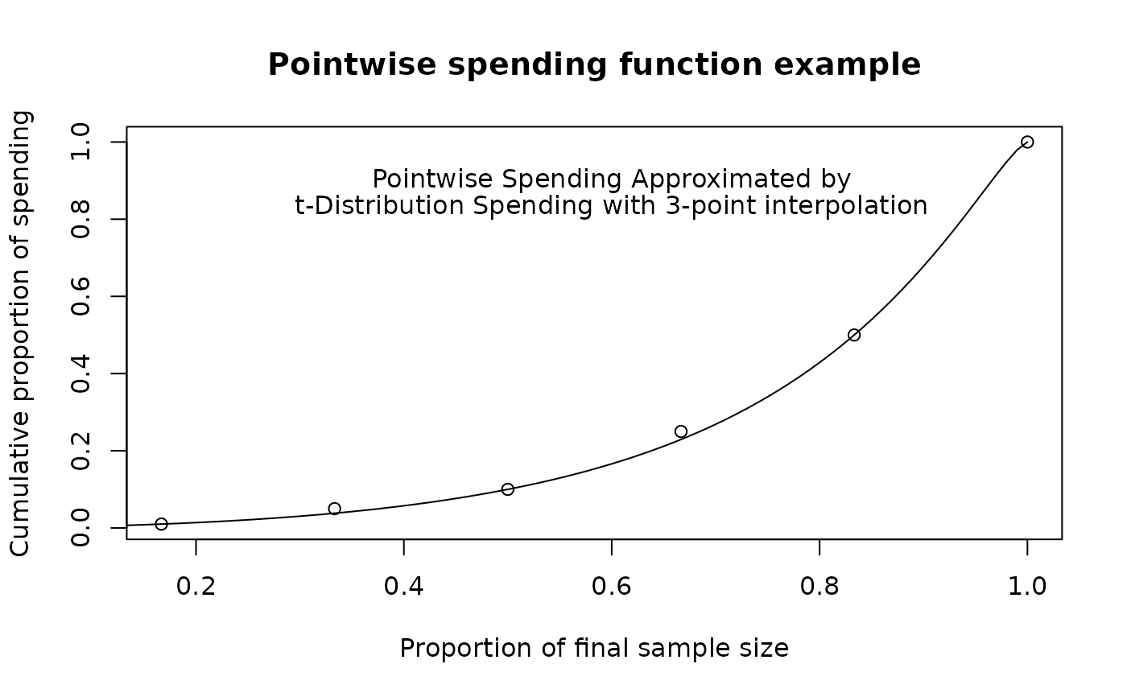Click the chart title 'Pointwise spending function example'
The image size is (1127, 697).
pos(594,65)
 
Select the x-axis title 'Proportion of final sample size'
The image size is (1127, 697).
pos(594,648)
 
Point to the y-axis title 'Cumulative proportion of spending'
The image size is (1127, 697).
pos(21,333)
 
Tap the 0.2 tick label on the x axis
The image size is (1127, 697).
pos(196,587)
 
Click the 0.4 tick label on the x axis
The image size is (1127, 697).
pos(404,587)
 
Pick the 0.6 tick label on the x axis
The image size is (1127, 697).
pos(612,587)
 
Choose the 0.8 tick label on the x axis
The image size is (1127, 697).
pos(819,587)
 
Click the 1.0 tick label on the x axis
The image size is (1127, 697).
pos(1027,587)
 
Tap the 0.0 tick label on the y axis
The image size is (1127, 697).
pos(80,527)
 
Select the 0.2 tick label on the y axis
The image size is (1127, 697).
pos(80,451)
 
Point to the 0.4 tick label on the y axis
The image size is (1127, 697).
pos(80,373)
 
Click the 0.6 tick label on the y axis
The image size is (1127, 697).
pos(80,296)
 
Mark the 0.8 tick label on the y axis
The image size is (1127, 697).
pos(80,219)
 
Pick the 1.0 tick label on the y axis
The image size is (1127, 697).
pos(80,142)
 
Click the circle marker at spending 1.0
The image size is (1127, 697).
pos(1027,136)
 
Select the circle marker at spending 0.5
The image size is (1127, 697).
pos(854,329)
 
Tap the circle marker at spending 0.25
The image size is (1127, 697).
pos(681,426)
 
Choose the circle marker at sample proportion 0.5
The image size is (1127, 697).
pos(508,483)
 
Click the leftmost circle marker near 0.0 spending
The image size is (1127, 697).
pos(161,518)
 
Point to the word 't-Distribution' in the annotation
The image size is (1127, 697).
pos(379,206)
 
